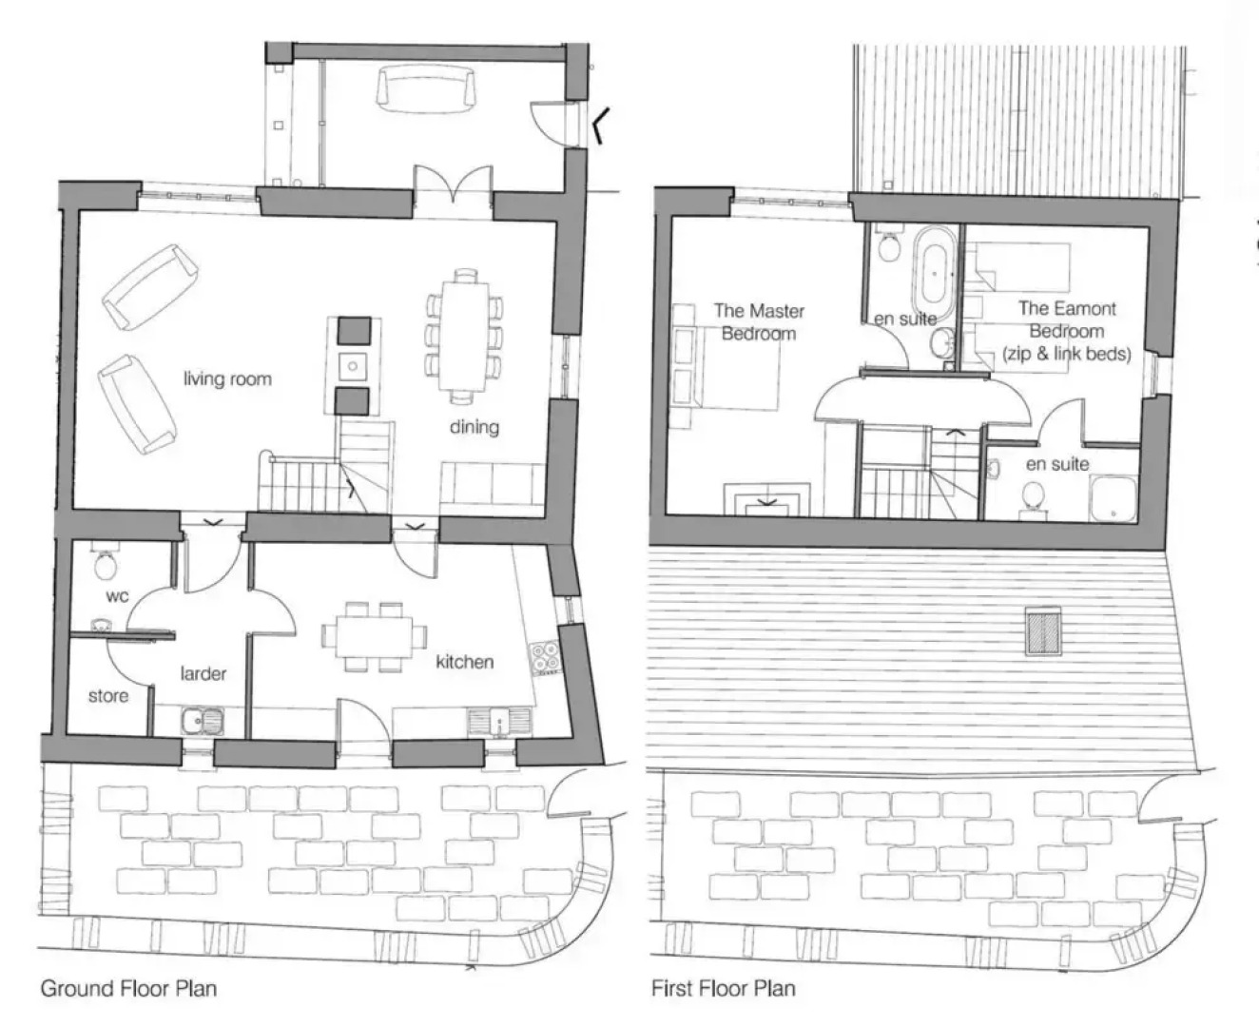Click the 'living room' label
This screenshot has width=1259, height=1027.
(x=227, y=378)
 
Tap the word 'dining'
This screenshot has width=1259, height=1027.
(x=474, y=427)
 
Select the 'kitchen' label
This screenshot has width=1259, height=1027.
(x=464, y=662)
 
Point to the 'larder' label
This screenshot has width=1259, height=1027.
(x=203, y=673)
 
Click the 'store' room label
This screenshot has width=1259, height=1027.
(x=108, y=696)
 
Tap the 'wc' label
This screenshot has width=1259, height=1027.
(x=117, y=596)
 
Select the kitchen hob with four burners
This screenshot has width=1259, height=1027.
(x=545, y=657)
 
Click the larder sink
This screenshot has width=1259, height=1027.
(x=203, y=722)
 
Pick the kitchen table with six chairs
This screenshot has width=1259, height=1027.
(x=375, y=636)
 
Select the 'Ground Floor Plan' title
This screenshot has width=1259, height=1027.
(x=128, y=988)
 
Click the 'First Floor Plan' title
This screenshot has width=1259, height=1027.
(x=723, y=988)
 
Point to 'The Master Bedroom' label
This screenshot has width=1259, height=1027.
(x=759, y=321)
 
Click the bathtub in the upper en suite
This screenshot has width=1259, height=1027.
(x=933, y=273)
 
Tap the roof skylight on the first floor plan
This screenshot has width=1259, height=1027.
(x=1044, y=631)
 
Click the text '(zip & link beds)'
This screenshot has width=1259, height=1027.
(x=1067, y=354)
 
